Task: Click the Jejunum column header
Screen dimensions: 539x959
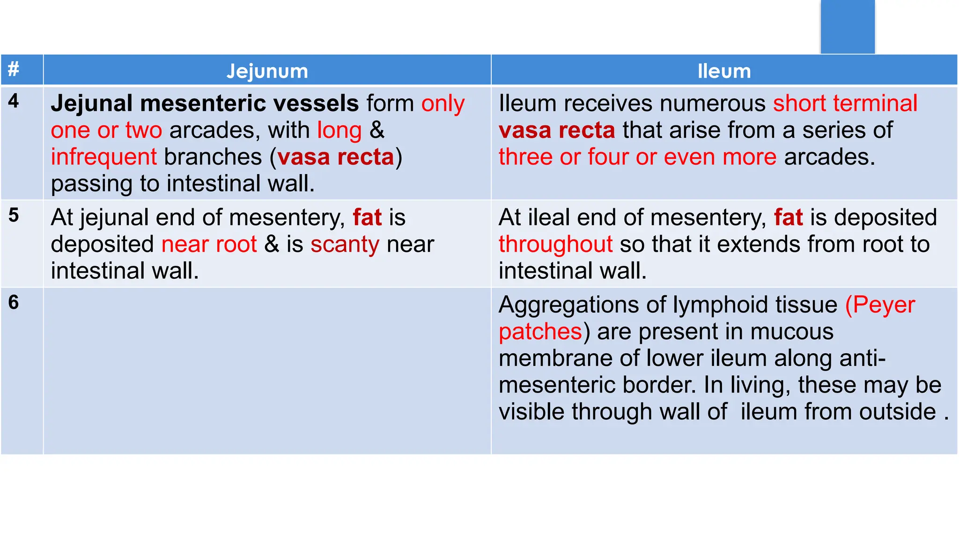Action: tap(267, 71)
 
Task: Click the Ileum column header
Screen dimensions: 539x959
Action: tap(724, 71)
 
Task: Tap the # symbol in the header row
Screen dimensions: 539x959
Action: tap(14, 69)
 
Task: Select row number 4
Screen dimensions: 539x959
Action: tap(14, 101)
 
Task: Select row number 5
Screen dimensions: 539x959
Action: tap(14, 215)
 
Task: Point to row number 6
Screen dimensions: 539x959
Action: tap(14, 302)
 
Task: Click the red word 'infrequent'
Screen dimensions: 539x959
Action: tap(103, 157)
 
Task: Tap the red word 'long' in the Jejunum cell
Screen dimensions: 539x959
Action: tap(339, 131)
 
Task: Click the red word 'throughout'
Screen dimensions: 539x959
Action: tap(555, 244)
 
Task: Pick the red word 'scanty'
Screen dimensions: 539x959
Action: tap(345, 244)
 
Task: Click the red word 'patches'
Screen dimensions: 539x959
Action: tap(540, 332)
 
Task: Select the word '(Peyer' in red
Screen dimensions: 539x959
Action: tap(880, 305)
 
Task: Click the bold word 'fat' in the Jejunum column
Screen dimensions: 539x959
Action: tap(367, 218)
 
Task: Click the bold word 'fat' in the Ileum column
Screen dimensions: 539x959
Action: tap(788, 218)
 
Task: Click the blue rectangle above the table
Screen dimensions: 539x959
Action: tap(847, 27)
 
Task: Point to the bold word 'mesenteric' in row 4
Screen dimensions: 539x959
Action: tap(249, 103)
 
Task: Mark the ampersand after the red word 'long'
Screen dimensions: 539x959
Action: tap(377, 130)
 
